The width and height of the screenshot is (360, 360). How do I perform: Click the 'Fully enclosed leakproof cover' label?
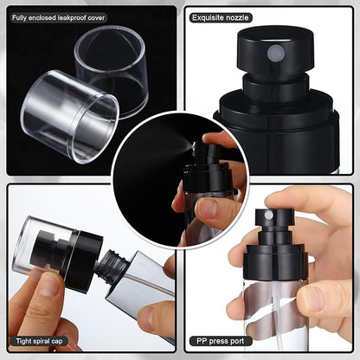(58, 18)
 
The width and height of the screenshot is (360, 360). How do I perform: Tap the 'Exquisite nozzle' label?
(221, 18)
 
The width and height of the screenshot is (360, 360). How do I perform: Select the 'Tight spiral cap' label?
(39, 341)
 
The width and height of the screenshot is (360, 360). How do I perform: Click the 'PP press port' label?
(221, 341)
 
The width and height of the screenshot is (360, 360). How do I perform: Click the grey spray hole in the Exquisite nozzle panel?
(274, 52)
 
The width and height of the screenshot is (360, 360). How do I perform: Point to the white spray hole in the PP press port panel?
(269, 215)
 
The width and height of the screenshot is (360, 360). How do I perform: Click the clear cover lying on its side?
(69, 115)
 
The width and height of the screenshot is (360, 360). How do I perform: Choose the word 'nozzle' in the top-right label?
(237, 18)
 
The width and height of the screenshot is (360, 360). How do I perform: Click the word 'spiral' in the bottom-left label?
(41, 341)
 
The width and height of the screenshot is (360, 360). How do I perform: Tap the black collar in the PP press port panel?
(274, 262)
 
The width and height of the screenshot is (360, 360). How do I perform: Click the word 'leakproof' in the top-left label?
(73, 18)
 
